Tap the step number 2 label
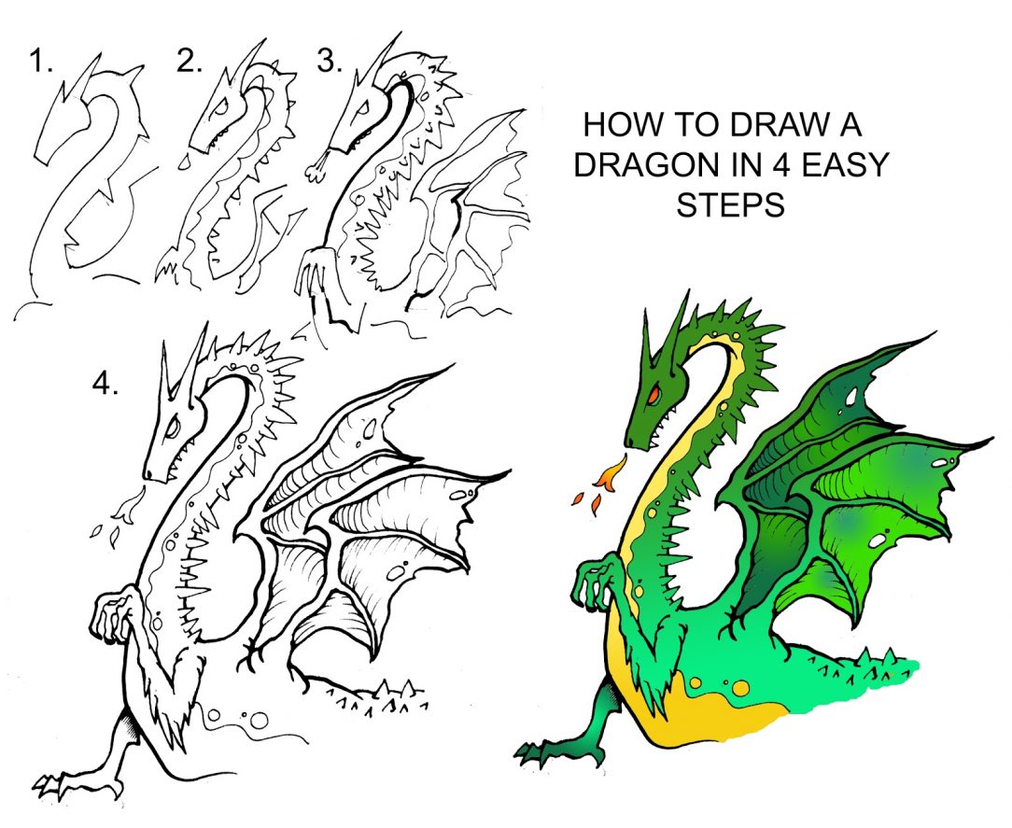[x=189, y=63]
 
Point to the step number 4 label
[x=105, y=384]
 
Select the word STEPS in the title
[x=730, y=205]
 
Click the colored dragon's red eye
[x=654, y=395]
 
